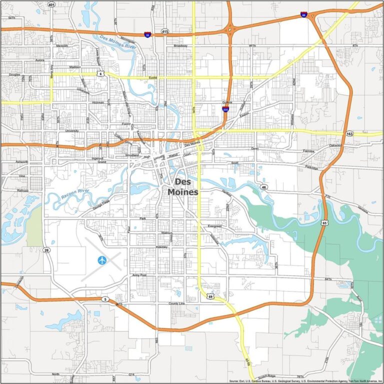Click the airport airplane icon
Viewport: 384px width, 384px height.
(x=102, y=259)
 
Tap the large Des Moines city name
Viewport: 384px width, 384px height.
(x=182, y=187)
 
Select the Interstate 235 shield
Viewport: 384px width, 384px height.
(x=225, y=109)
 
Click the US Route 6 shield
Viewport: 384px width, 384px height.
(x=100, y=73)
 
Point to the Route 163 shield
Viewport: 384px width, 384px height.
(x=349, y=134)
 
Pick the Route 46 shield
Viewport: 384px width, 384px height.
(x=263, y=187)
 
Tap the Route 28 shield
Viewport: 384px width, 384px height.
(x=46, y=250)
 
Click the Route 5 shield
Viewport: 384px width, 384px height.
(x=105, y=299)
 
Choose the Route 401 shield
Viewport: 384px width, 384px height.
(x=52, y=4)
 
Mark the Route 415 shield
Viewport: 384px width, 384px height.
(x=164, y=31)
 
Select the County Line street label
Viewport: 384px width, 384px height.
(x=176, y=303)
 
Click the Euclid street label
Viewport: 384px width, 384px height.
(x=153, y=78)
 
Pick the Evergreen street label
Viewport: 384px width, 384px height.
(x=214, y=226)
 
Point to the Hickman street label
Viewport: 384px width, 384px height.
(x=98, y=102)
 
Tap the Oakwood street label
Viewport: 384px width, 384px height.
(x=335, y=145)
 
